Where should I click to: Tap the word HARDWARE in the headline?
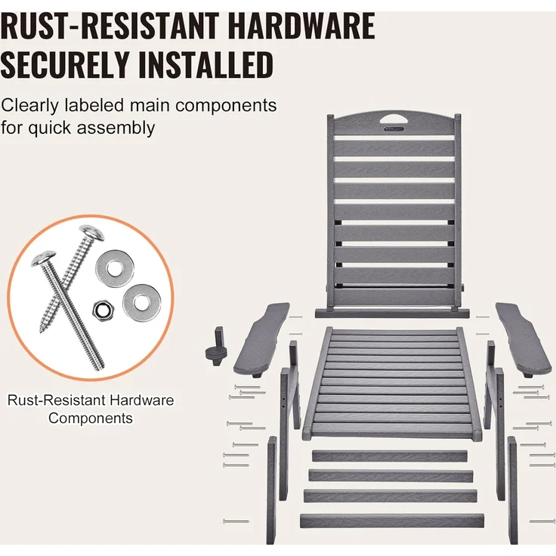coord(301,26)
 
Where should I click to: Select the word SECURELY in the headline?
coord(64,64)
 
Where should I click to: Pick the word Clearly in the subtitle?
coord(29,106)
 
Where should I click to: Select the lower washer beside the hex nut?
coord(142,302)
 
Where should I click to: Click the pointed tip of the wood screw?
coord(41,331)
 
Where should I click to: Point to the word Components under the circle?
coord(91,418)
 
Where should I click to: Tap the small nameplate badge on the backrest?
coord(394,129)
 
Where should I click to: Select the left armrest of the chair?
coord(261,339)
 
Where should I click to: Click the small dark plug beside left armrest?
coord(216,347)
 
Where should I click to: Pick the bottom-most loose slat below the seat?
coord(392,520)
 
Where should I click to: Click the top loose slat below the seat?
coord(390,456)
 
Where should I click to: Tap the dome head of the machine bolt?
coord(44,258)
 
